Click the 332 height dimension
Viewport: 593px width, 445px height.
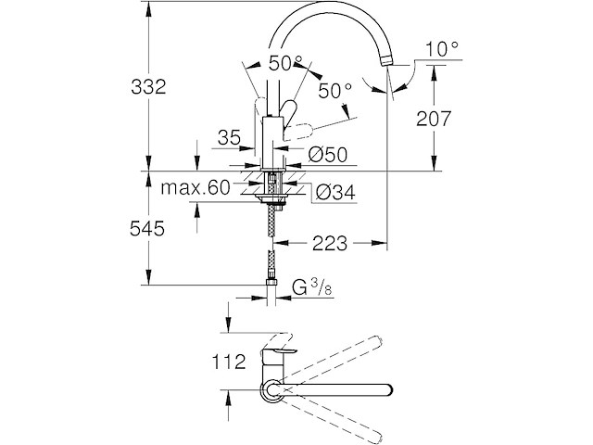pos(147,87)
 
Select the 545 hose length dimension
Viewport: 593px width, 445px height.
pos(147,228)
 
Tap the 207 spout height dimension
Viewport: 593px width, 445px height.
pos(433,119)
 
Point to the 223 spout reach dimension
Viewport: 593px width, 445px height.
pos(331,244)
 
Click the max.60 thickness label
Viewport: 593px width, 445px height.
pos(195,188)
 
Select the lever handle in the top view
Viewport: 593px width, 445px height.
pos(278,355)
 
